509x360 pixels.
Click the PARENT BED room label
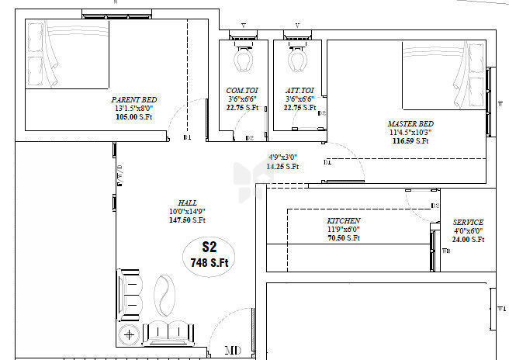(135, 100)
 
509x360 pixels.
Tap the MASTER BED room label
(410, 124)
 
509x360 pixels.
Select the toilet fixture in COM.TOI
(244, 59)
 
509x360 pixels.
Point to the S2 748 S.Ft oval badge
(208, 255)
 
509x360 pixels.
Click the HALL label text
(187, 202)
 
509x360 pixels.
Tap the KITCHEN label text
(343, 221)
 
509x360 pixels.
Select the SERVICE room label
(468, 222)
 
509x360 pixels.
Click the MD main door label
(232, 351)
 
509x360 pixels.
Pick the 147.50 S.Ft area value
(186, 220)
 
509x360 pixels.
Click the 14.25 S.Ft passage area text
(282, 166)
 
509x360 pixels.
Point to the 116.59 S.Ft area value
(410, 141)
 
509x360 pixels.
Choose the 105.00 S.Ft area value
(135, 117)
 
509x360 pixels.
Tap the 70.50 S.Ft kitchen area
(343, 238)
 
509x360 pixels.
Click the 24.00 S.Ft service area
(468, 240)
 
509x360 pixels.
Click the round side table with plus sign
(129, 336)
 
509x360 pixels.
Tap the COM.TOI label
(242, 91)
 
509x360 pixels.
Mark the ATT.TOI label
(299, 91)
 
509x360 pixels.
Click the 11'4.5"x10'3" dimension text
(410, 133)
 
